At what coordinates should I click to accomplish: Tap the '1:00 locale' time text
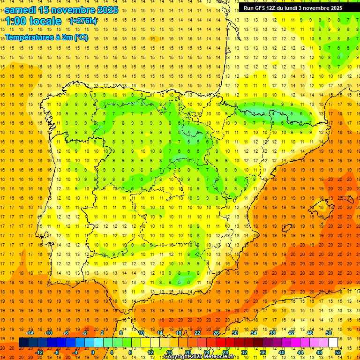pyautogui.click(x=33, y=21)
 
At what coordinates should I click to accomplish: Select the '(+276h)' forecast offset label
pyautogui.click(x=83, y=21)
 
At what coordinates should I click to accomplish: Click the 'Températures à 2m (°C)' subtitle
pyautogui.click(x=46, y=37)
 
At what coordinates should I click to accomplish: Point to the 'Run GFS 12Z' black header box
pyautogui.click(x=292, y=8)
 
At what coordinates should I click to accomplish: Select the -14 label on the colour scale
pyautogui.click(x=30, y=333)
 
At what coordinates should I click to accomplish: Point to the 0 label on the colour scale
pyautogui.click(x=92, y=352)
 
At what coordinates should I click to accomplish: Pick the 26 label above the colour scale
pyautogui.click(x=216, y=333)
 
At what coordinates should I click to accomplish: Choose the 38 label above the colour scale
pyautogui.click(x=272, y=333)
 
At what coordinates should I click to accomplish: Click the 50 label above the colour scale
pyautogui.click(x=329, y=333)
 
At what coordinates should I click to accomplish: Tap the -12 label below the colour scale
pyautogui.click(x=39, y=352)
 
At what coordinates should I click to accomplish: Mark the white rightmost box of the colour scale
pyautogui.click(x=333, y=343)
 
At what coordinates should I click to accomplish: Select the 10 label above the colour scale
pyautogui.click(x=141, y=333)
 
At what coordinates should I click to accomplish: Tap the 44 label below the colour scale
pyautogui.click(x=300, y=352)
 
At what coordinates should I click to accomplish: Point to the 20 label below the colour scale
pyautogui.click(x=188, y=352)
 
